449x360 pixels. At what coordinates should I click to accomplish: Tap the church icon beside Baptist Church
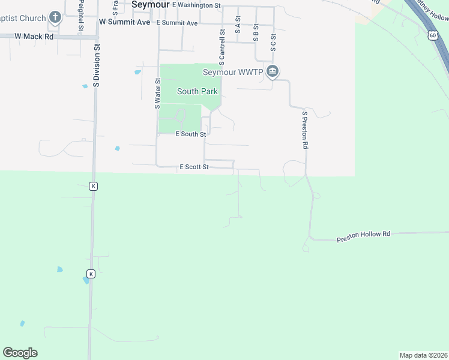coord(55,17)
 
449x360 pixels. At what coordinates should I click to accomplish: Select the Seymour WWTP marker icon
coord(273,72)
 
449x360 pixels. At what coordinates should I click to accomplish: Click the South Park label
coord(197,91)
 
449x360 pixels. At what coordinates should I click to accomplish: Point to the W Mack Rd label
coord(34,36)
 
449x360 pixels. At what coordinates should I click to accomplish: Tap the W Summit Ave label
coord(124,22)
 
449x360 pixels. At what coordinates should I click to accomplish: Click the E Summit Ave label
coord(177,23)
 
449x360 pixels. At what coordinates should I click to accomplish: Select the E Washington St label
coord(196,5)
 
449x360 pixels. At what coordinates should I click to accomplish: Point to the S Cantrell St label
coord(222,47)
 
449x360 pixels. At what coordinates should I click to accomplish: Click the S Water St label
coord(158,93)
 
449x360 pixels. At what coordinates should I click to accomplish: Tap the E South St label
coord(191,134)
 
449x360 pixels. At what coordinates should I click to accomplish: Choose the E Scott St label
coord(194,167)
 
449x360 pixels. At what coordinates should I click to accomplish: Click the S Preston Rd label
coord(305,130)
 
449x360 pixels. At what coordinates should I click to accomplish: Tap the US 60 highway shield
coord(433,35)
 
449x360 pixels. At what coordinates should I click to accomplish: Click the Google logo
coord(20,353)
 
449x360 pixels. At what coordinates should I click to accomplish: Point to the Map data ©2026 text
coord(423,355)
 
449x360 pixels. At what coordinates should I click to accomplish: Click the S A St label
coord(238,28)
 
